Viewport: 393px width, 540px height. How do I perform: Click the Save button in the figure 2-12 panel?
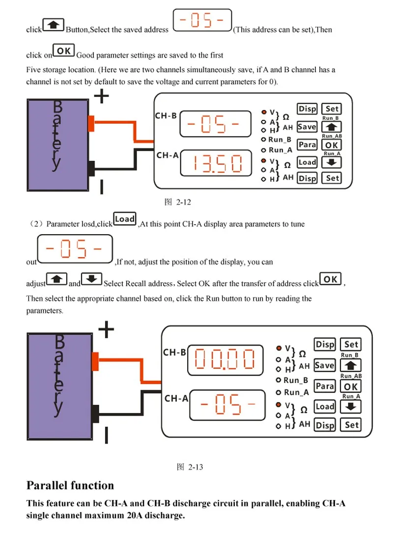[307, 127]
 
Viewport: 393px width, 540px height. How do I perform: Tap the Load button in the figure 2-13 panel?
[325, 406]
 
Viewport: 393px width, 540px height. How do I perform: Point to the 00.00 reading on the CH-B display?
[225, 359]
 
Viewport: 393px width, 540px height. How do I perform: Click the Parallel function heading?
[70, 485]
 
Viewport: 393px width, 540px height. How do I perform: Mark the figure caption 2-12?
[177, 202]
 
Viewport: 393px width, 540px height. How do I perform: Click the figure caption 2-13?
[190, 467]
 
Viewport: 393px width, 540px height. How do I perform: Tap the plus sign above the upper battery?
[101, 96]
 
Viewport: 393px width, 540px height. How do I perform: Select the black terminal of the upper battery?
[91, 168]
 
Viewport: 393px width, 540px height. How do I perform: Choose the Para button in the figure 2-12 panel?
[307, 144]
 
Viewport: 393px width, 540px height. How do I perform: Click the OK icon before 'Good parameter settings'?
[63, 51]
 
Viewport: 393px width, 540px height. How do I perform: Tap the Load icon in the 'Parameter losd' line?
[124, 218]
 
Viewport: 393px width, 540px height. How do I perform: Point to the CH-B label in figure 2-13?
[174, 352]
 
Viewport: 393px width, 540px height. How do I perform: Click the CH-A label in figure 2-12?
[168, 155]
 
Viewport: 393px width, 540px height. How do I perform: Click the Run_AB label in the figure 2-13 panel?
[351, 376]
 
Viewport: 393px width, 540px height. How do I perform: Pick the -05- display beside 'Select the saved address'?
[202, 20]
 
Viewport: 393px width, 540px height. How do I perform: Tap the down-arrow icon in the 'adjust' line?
[91, 279]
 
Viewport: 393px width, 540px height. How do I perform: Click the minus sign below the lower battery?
[106, 435]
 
